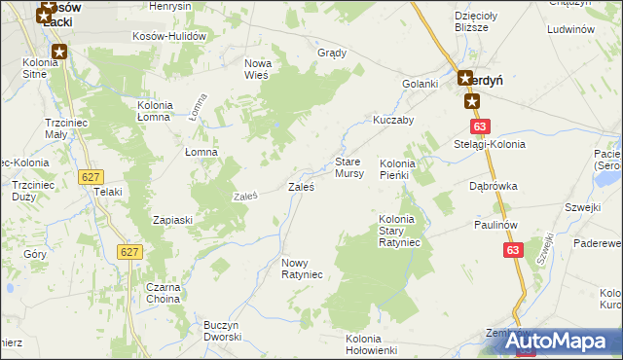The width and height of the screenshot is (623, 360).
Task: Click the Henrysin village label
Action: (x=169, y=6)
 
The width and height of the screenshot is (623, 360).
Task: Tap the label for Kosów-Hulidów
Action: (x=171, y=36)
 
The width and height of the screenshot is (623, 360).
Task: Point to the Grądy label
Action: (x=333, y=53)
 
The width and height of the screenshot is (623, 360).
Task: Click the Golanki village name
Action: (x=421, y=84)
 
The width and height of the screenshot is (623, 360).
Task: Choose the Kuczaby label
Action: (x=393, y=120)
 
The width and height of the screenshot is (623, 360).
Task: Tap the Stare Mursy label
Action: (x=349, y=167)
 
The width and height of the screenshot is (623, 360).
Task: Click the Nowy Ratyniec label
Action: (x=301, y=269)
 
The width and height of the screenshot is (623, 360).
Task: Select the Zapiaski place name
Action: (x=172, y=220)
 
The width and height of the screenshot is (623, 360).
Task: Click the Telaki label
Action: (x=107, y=192)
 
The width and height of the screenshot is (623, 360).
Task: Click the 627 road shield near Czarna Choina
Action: (x=129, y=252)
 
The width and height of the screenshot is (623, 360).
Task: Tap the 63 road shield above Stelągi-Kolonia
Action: (x=479, y=126)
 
